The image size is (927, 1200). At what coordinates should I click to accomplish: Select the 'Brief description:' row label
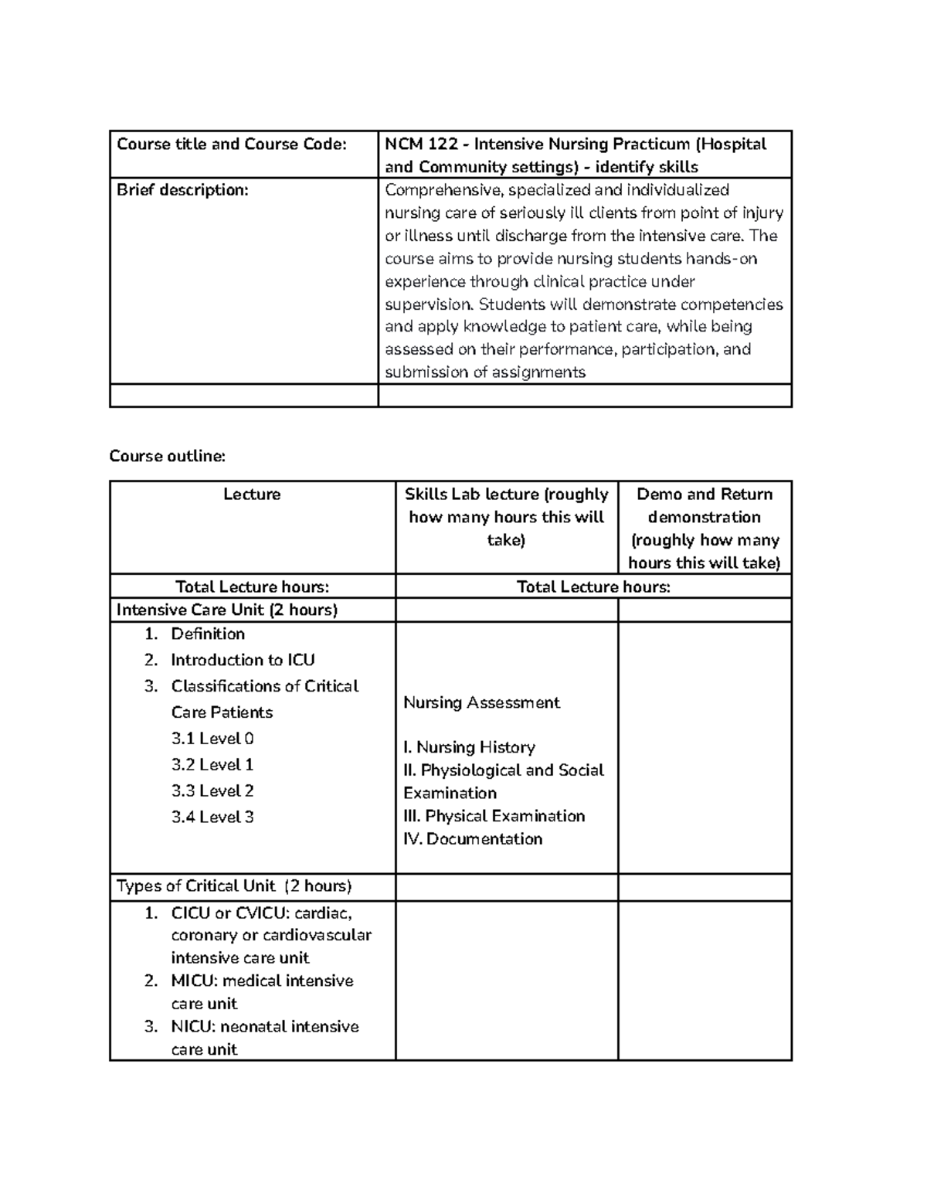point(182,190)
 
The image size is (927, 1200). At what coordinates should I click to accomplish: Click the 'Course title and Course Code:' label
point(232,144)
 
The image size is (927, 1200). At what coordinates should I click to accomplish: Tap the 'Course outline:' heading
point(167,456)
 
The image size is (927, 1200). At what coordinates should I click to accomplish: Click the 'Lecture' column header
point(252,495)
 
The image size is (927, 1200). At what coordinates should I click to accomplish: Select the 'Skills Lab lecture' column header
point(506,495)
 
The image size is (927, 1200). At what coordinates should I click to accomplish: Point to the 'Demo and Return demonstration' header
point(704,505)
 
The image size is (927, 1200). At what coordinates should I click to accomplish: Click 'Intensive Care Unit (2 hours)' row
point(227,610)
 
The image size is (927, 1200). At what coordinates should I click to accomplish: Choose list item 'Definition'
point(208,634)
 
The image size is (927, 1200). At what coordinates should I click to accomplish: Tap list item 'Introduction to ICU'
point(243,661)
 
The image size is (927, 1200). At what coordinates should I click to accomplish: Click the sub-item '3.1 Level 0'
point(212,739)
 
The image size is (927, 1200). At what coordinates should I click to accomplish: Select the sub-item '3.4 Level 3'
point(212,818)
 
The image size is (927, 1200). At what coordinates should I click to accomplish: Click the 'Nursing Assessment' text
point(481,703)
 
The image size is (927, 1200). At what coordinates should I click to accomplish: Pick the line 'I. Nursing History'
point(469,748)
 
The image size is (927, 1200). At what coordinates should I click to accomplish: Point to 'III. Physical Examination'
point(494,817)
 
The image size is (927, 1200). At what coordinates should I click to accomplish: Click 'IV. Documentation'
point(473,839)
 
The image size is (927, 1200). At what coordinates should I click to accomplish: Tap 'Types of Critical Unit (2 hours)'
point(234,886)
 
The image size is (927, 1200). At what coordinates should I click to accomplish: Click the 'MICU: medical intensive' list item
point(262,981)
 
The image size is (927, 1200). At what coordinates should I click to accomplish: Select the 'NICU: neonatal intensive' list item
point(265,1027)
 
